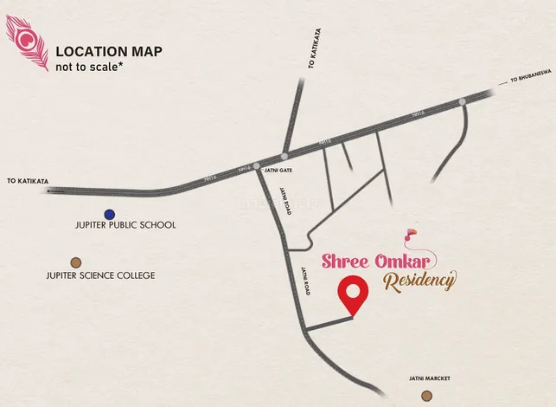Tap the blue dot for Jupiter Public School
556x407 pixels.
click(x=109, y=214)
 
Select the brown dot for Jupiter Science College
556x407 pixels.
click(x=76, y=262)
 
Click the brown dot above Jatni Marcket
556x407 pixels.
click(x=426, y=395)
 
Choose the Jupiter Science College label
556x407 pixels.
click(x=101, y=275)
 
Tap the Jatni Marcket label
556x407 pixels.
click(x=430, y=378)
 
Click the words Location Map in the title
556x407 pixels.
click(x=108, y=51)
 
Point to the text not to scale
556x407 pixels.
click(x=88, y=67)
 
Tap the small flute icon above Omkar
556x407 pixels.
click(x=411, y=233)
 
